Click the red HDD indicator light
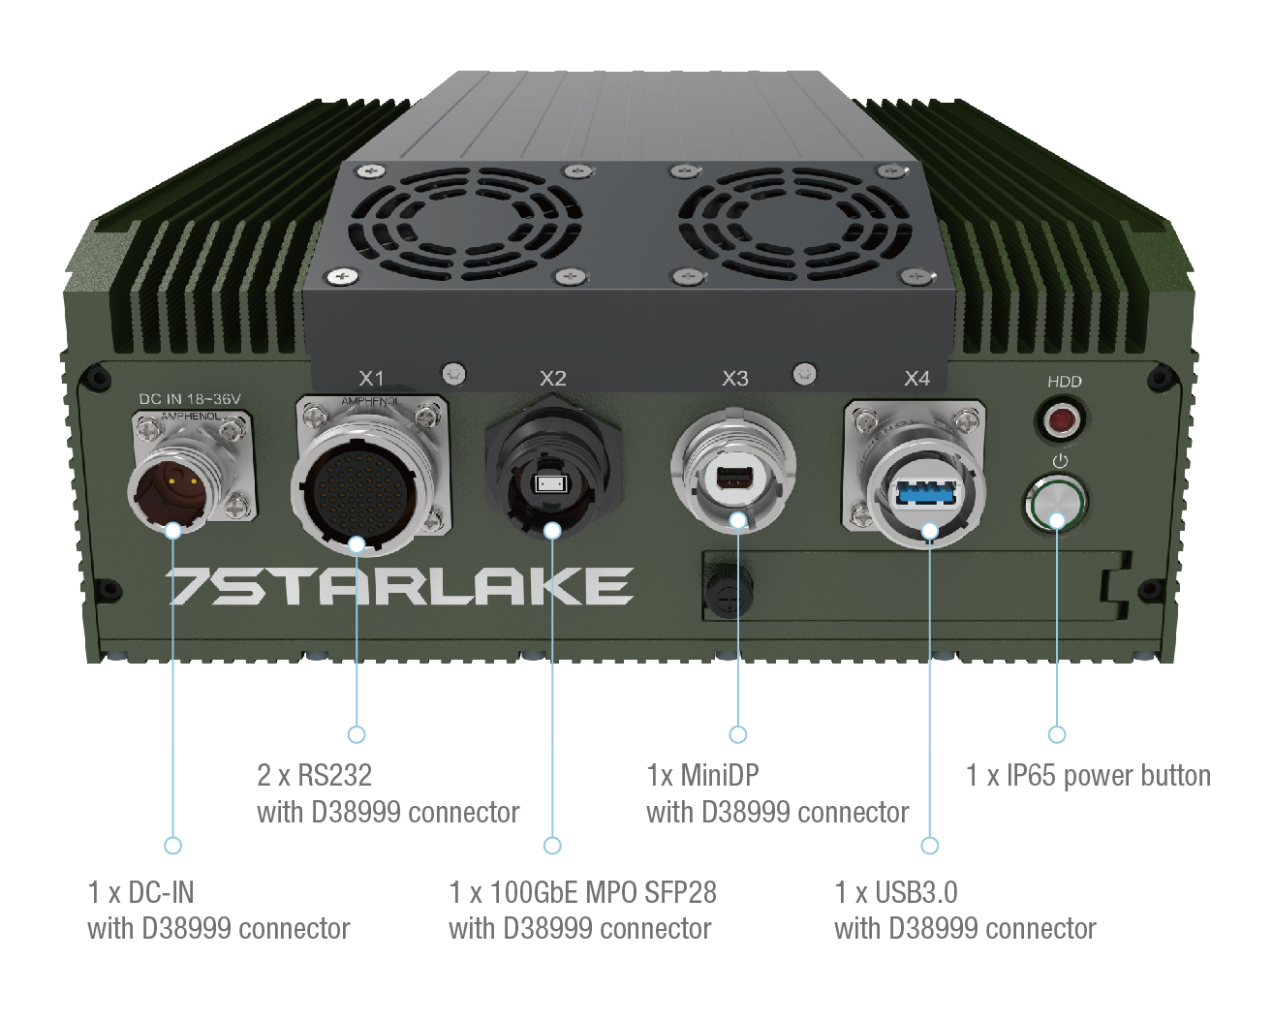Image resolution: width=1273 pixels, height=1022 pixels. click(x=1062, y=421)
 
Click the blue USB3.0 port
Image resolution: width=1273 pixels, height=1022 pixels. click(x=926, y=492)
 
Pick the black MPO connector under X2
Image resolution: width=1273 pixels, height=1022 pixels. click(x=550, y=481)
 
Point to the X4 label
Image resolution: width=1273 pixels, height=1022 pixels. click(x=916, y=379)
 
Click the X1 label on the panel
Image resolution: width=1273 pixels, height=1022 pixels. click(x=371, y=378)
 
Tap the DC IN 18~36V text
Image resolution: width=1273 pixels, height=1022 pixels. click(x=190, y=399)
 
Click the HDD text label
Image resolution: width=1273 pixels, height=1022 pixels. click(x=1064, y=382)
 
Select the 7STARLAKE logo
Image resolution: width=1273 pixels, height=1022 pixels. click(x=399, y=587)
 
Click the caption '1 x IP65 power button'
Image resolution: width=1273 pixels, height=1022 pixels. click(x=1088, y=776)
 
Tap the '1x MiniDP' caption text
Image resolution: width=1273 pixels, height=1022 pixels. click(x=702, y=776)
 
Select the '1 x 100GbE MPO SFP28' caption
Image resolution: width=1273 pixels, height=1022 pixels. click(x=582, y=892)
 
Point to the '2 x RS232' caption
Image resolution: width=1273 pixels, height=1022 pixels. click(x=314, y=776)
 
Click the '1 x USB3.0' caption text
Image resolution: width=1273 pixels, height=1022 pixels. click(x=896, y=892)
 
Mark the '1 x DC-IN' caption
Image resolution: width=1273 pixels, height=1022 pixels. click(x=141, y=892)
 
